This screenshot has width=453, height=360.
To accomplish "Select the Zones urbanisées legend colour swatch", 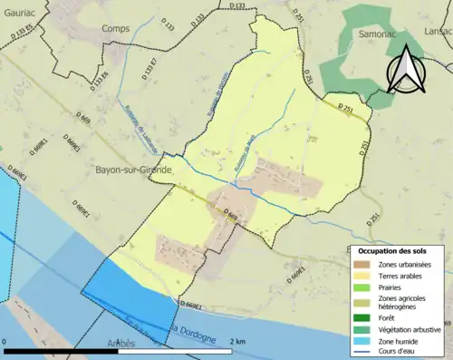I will click(x=361, y=264).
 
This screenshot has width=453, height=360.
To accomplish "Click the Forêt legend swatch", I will click(x=361, y=317).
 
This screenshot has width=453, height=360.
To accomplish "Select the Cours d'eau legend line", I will click(x=361, y=352).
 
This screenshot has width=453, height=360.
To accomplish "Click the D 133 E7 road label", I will click(x=150, y=70).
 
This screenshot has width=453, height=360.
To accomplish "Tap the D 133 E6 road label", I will click(x=98, y=79).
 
